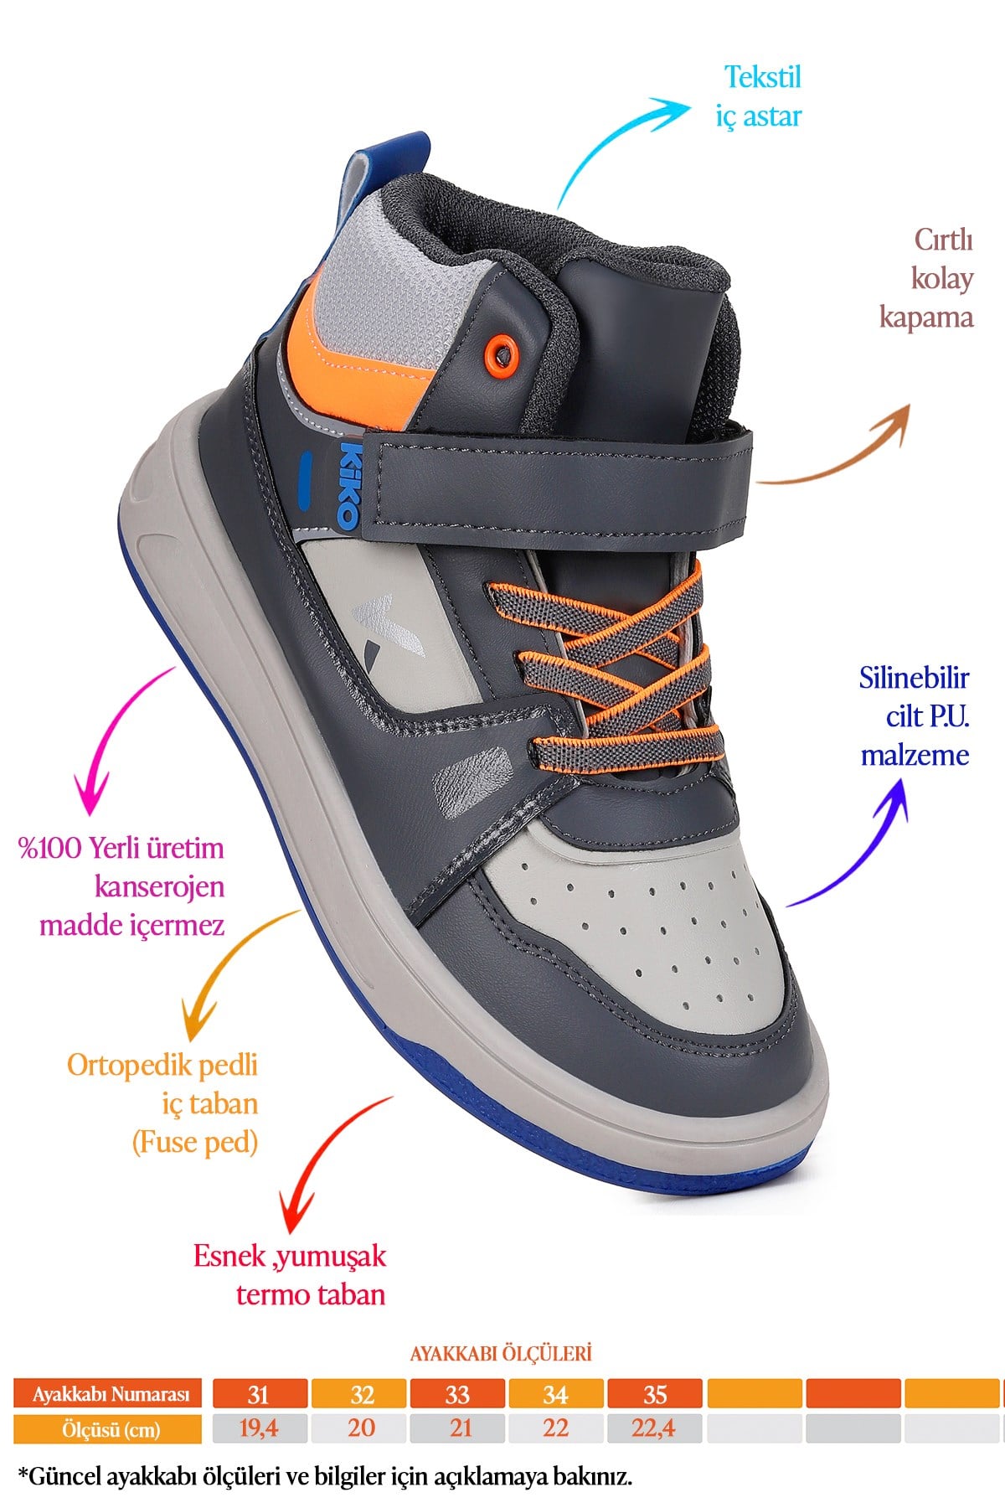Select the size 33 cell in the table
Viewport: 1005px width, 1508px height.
[457, 1394]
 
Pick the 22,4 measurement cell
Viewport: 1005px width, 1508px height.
[654, 1428]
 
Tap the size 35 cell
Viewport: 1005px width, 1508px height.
[654, 1394]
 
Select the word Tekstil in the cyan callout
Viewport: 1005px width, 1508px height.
[763, 77]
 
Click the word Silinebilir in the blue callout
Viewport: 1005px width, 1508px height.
[914, 677]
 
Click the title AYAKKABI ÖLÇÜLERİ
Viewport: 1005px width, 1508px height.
[501, 1353]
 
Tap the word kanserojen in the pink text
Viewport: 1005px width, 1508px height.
[160, 886]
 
